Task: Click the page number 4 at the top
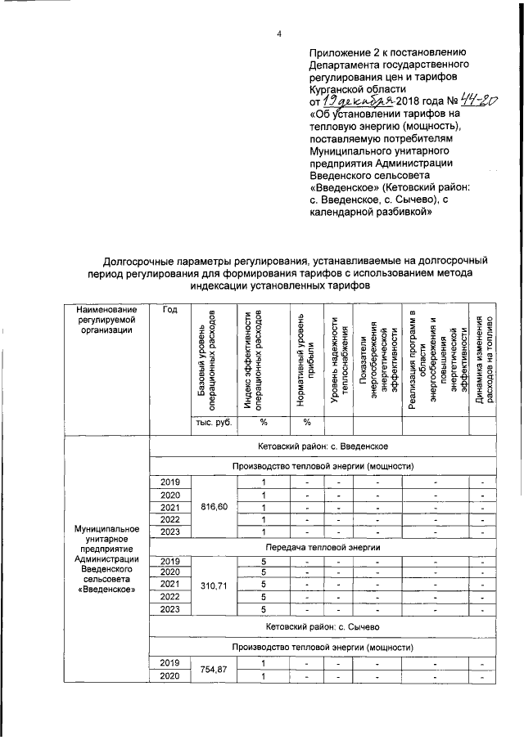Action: (x=279, y=34)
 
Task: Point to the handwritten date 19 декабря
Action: (x=357, y=101)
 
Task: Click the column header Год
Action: (x=169, y=310)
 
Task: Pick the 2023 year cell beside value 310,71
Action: (x=169, y=609)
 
